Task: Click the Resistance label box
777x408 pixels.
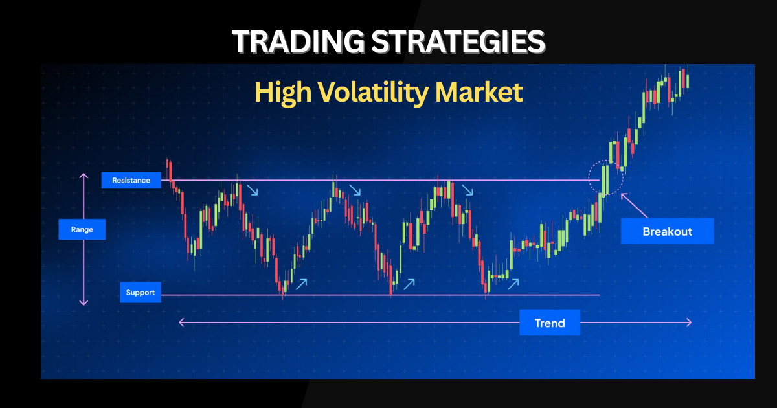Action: click(x=131, y=180)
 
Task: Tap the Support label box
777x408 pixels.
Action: click(x=141, y=293)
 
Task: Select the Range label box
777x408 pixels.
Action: click(x=82, y=229)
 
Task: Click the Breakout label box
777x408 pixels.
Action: click(x=668, y=231)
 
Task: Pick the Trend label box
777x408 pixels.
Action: click(x=550, y=323)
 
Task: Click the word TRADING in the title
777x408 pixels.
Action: click(x=298, y=41)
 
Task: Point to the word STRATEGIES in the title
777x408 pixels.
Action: click(x=458, y=41)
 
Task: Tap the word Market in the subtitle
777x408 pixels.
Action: click(x=479, y=92)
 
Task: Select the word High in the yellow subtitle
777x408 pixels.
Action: click(x=283, y=93)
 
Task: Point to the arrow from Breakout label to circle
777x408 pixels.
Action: click(x=634, y=206)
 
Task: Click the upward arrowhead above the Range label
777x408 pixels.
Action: click(x=84, y=176)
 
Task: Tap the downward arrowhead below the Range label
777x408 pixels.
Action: click(x=84, y=302)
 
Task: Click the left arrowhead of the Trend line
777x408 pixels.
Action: click(x=181, y=323)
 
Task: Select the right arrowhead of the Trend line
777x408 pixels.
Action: click(x=689, y=323)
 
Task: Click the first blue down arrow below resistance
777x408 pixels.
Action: click(x=252, y=190)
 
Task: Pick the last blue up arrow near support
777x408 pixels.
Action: click(x=513, y=284)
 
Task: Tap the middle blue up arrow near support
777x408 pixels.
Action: click(x=409, y=284)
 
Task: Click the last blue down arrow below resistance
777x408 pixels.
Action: click(x=467, y=190)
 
